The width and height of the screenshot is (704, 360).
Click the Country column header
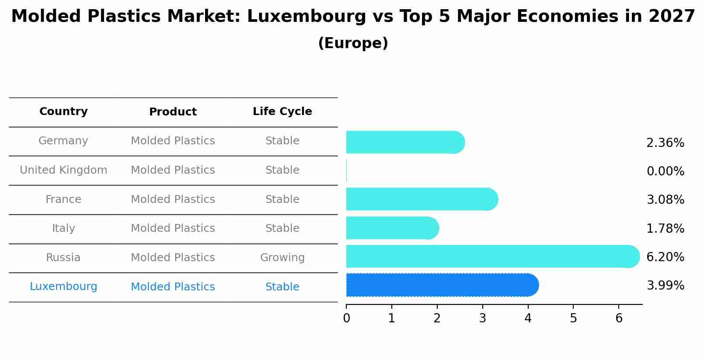click(x=63, y=112)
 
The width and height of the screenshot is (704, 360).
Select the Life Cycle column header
click(x=282, y=112)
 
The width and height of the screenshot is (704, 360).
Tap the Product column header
click(x=173, y=112)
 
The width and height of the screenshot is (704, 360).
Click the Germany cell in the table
click(x=63, y=141)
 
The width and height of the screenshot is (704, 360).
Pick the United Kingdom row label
click(x=63, y=170)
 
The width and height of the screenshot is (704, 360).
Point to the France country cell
click(x=63, y=199)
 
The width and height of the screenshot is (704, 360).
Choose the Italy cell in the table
click(x=63, y=228)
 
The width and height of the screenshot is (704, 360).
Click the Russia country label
click(x=63, y=258)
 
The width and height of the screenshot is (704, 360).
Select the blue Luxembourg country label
click(x=63, y=287)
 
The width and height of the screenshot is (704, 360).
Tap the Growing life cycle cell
click(x=282, y=258)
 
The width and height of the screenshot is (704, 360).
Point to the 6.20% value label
click(x=665, y=257)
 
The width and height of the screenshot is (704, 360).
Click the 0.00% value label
click(x=665, y=171)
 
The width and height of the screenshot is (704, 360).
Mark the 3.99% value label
click(x=665, y=286)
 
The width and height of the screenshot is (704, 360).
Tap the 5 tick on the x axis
click(x=573, y=318)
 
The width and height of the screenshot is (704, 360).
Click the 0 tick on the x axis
click(x=346, y=318)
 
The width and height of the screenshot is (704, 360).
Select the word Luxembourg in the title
click(x=306, y=17)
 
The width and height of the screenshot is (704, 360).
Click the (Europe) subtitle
click(x=353, y=43)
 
